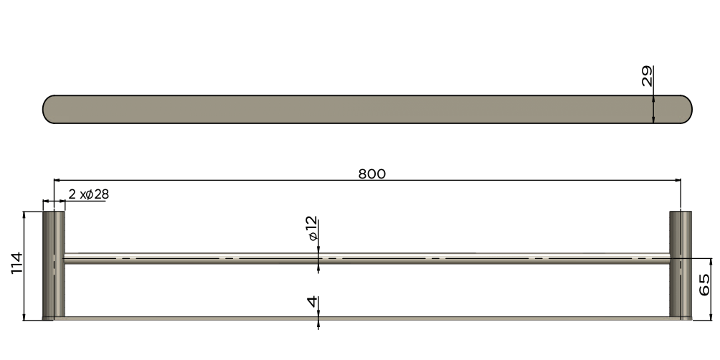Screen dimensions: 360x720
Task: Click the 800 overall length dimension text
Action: coord(371,174)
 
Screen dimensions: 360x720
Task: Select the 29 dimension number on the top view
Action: coord(648,76)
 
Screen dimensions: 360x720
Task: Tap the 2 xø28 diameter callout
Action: coord(88,194)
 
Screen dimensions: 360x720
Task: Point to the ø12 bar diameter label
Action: coord(312,229)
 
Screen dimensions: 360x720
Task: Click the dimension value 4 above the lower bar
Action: coord(312,302)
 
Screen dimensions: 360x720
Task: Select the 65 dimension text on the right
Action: coord(704,285)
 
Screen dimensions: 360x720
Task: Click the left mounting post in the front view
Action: coord(55,265)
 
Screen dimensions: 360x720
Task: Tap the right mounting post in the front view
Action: coord(681,265)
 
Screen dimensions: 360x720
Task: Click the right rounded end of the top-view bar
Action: coord(684,110)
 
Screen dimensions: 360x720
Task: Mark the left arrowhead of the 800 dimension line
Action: coord(57,181)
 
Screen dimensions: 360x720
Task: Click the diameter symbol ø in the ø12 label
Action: coord(313,237)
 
